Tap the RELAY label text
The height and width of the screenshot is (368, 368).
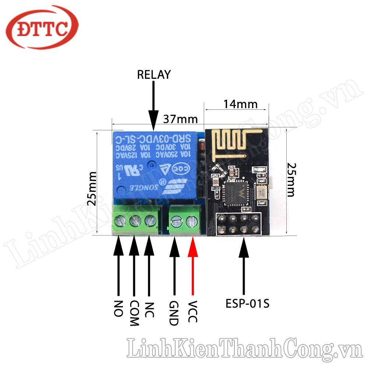point(154,75)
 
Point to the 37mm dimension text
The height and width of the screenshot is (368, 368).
point(180,120)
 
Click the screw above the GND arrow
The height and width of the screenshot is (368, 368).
point(176,222)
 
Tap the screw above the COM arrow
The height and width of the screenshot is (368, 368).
point(134,222)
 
